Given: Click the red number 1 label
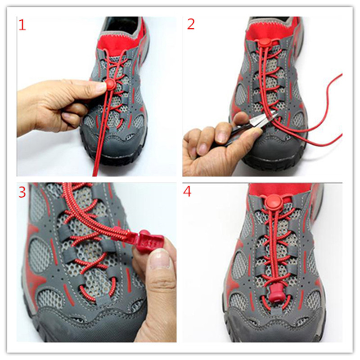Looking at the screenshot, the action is [x=22, y=25].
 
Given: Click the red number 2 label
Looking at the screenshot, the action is [x=191, y=24].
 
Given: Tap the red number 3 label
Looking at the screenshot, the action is [x=22, y=192].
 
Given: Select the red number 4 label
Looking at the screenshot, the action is [x=187, y=192].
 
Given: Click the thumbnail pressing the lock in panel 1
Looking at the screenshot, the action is [x=100, y=86].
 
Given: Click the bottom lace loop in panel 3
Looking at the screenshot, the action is [x=96, y=290].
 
